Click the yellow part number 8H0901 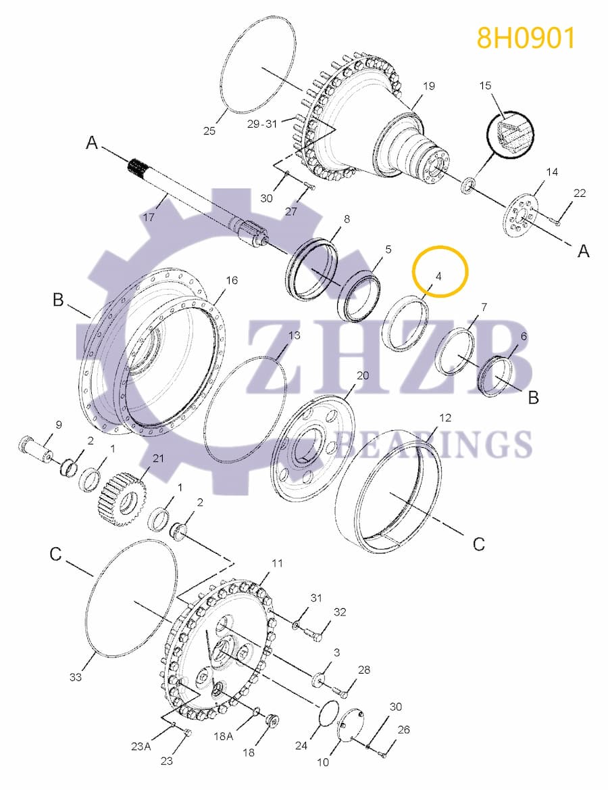pos(526,38)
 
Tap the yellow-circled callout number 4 pos(439,276)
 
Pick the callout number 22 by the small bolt pos(580,193)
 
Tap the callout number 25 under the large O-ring pos(209,131)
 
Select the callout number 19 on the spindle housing pos(429,86)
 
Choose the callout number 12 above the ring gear pos(445,417)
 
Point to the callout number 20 pos(362,375)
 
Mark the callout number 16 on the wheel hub pos(232,280)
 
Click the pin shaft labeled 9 pos(35,448)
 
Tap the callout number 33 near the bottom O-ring pos(76,676)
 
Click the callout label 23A pos(141,747)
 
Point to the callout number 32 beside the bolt pos(339,612)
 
